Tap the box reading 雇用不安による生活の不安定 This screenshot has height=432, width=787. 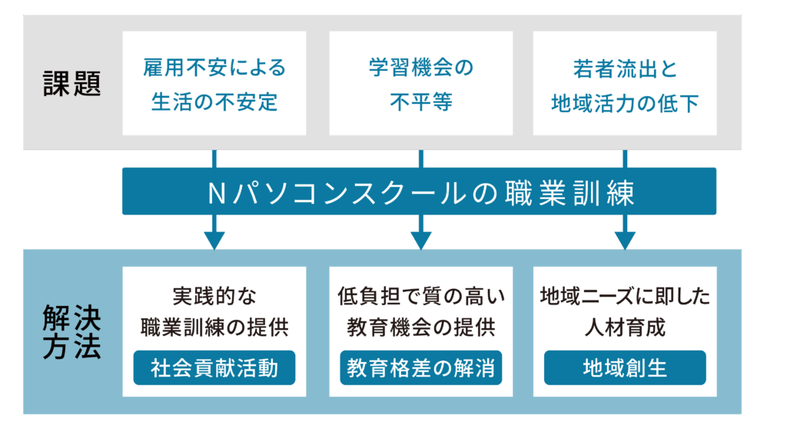coord(214,84)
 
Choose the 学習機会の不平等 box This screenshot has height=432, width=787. coord(420,84)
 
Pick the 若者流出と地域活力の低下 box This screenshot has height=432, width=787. coord(625,84)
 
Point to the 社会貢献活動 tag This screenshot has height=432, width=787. coord(214,368)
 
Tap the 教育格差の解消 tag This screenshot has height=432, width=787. coord(420,368)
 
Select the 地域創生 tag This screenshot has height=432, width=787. coord(625,368)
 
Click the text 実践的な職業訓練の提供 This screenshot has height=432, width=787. coord(214,311)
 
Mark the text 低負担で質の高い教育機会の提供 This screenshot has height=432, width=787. coord(420,311)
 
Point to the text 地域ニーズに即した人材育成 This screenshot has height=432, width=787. coord(625,311)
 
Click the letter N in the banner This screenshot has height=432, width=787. coord(216,192)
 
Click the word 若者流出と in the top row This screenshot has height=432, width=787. coord(625,68)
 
